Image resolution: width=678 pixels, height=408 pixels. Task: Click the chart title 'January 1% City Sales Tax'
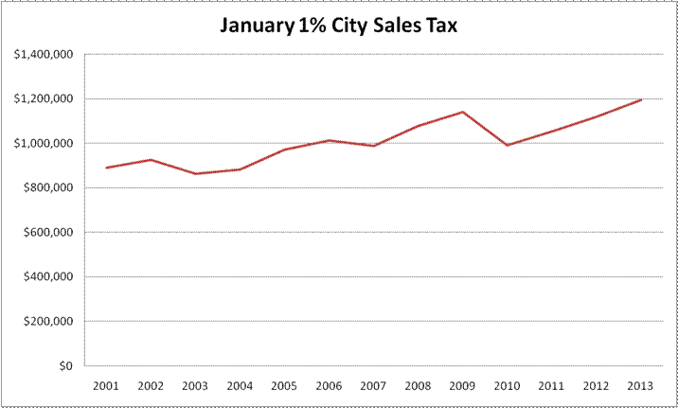[339, 25]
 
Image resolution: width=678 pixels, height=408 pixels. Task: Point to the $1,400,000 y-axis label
[45, 54]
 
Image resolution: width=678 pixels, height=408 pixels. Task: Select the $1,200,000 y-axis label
[45, 98]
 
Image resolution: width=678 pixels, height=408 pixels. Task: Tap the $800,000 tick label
[49, 187]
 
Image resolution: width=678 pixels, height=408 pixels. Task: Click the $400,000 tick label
[49, 276]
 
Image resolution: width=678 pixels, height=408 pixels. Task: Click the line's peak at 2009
[462, 112]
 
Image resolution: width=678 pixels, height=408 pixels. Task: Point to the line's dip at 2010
[507, 145]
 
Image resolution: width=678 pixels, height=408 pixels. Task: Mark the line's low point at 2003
[196, 173]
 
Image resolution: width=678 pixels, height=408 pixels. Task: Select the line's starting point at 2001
[107, 168]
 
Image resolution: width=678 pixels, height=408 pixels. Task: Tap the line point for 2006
[329, 140]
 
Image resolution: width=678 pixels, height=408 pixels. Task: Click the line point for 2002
[152, 160]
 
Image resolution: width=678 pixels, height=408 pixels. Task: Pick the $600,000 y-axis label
[49, 232]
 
